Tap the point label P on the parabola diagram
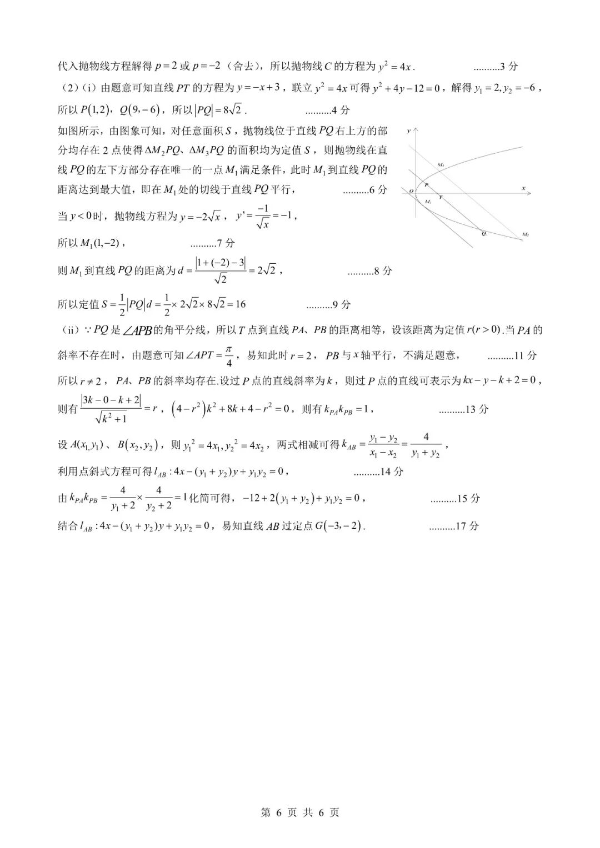(x=426, y=184)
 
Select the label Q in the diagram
(x=484, y=234)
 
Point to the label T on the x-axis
(x=441, y=197)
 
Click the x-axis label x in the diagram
(x=523, y=188)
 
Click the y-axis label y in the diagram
(x=409, y=131)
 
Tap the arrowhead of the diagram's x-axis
(x=528, y=193)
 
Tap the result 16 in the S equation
(x=240, y=304)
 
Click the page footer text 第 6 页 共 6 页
(x=300, y=812)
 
